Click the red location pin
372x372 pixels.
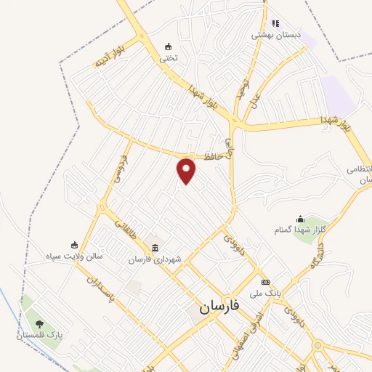coord(187,171)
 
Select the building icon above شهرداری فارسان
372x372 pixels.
coord(157,248)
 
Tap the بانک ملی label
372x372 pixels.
coord(264,293)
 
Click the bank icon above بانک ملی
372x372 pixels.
coord(266,282)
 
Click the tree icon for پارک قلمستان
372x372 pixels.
coord(39,324)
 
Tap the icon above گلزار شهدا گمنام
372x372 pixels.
coord(300,219)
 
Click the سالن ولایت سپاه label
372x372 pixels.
coord(75,256)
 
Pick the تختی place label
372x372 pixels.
coord(169,57)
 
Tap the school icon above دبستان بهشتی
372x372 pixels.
coord(275,23)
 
